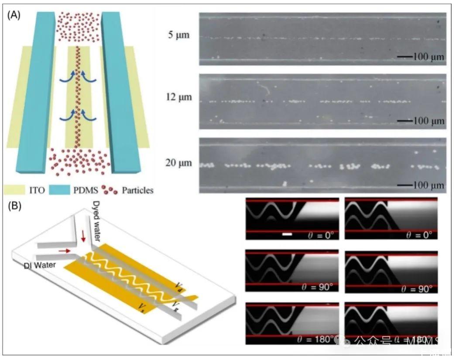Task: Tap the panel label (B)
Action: pyautogui.click(x=14, y=205)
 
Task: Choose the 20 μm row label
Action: pyautogui.click(x=178, y=163)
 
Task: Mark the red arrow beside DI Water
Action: pyautogui.click(x=64, y=251)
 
